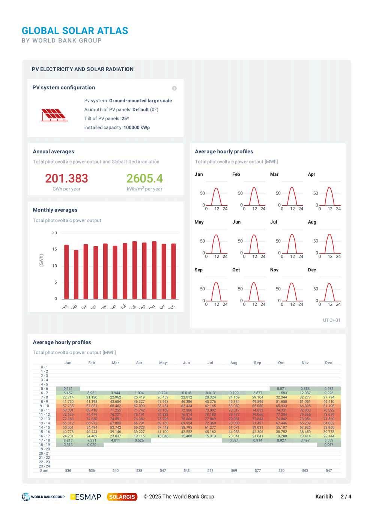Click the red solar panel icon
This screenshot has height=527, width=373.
pyautogui.click(x=54, y=114)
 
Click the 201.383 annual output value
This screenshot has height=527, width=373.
pyautogui.click(x=66, y=178)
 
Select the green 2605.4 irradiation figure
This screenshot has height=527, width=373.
pyautogui.click(x=144, y=178)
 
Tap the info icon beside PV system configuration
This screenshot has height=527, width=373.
pyautogui.click(x=174, y=88)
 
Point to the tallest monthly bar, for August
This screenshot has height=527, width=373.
pyautogui.click(x=135, y=270)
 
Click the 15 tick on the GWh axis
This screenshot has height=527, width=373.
pyautogui.click(x=55, y=249)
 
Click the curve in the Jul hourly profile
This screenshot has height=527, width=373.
pyautogui.click(x=292, y=240)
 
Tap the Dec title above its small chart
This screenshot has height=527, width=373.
pyautogui.click(x=312, y=270)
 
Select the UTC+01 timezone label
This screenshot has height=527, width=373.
pyautogui.click(x=332, y=320)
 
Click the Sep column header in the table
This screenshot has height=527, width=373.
pyautogui.click(x=257, y=362)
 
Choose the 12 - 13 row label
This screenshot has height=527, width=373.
pyautogui.click(x=44, y=419)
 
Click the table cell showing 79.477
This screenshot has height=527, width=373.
pyautogui.click(x=234, y=415)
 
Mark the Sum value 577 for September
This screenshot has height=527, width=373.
pyautogui.click(x=257, y=470)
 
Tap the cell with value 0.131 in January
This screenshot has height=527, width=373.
pyautogui.click(x=68, y=389)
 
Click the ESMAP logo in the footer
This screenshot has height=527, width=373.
pyautogui.click(x=86, y=497)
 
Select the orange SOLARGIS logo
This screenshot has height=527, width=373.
pyautogui.click(x=122, y=497)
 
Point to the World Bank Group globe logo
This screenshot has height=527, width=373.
pyautogui.click(x=26, y=497)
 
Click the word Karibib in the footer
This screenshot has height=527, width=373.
pyautogui.click(x=324, y=497)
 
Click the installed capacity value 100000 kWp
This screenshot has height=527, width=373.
pyautogui.click(x=137, y=127)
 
